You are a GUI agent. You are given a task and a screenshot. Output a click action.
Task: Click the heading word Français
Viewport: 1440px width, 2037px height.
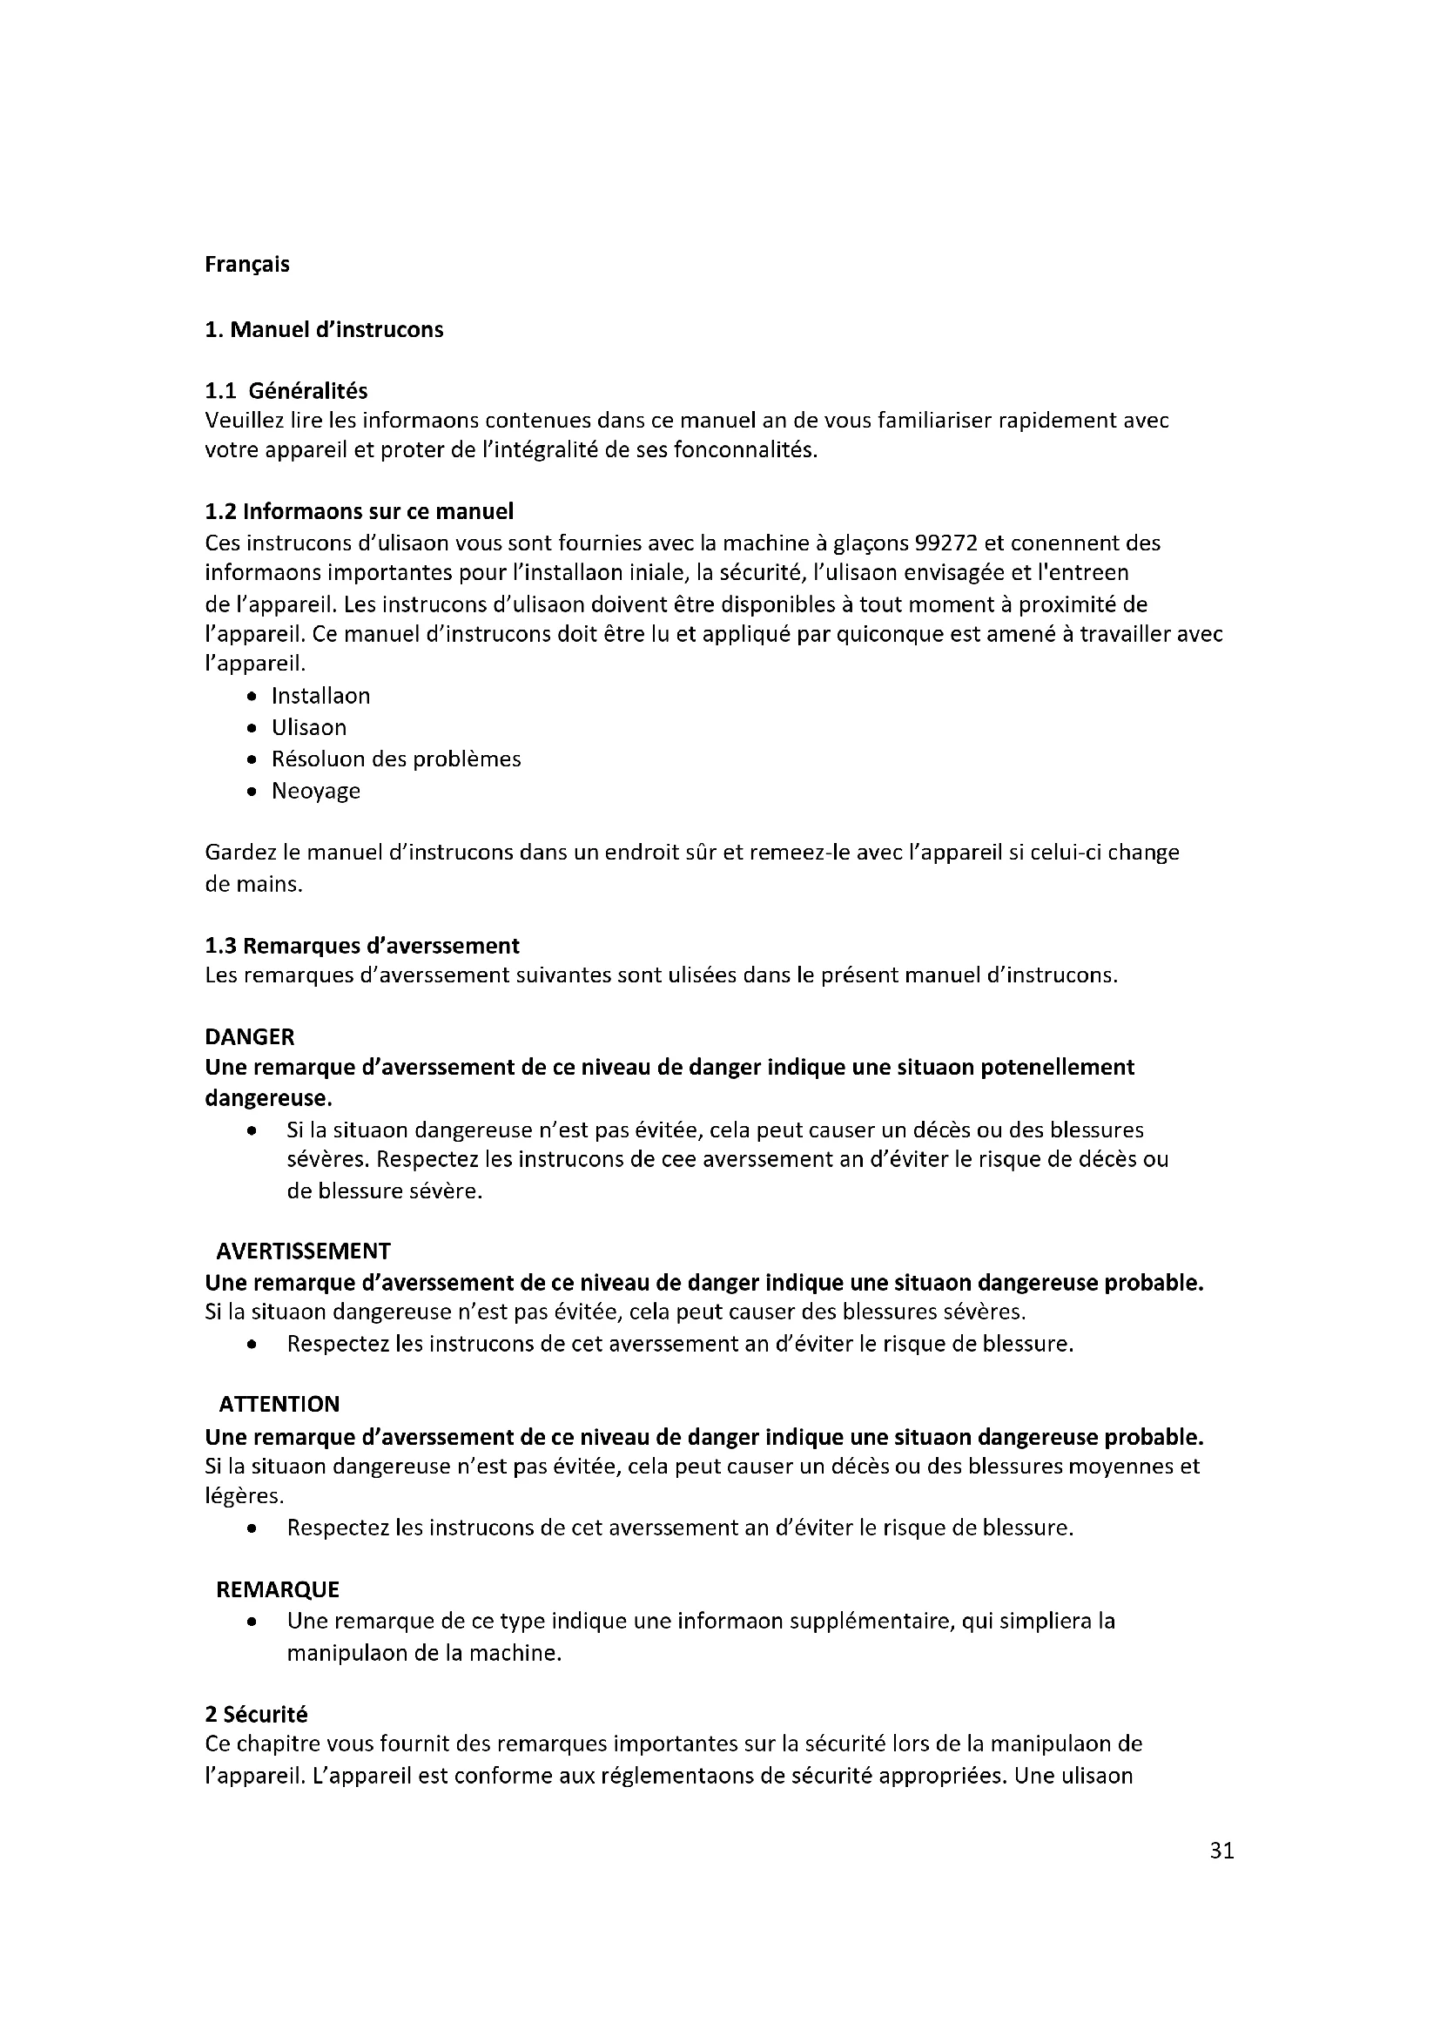246,265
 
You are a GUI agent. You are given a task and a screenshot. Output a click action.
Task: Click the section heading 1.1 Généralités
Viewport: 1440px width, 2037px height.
286,390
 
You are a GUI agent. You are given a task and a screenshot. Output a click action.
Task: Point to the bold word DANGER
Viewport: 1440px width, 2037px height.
249,1036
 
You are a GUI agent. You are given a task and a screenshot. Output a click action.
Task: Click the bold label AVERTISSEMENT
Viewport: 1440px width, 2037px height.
303,1251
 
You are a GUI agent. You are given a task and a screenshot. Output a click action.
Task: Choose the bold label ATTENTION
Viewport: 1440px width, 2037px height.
279,1404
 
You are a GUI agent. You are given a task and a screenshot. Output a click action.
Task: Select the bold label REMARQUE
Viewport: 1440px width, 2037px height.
278,1589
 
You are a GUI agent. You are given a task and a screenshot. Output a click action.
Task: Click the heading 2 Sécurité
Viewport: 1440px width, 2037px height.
255,1715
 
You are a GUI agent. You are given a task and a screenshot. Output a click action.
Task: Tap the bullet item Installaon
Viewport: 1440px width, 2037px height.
320,696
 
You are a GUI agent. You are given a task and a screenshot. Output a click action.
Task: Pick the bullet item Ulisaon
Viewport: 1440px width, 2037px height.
308,727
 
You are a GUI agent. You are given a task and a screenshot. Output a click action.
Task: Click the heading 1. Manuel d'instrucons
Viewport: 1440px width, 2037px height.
324,329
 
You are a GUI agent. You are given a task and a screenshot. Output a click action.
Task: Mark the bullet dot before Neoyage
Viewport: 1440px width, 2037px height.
253,792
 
